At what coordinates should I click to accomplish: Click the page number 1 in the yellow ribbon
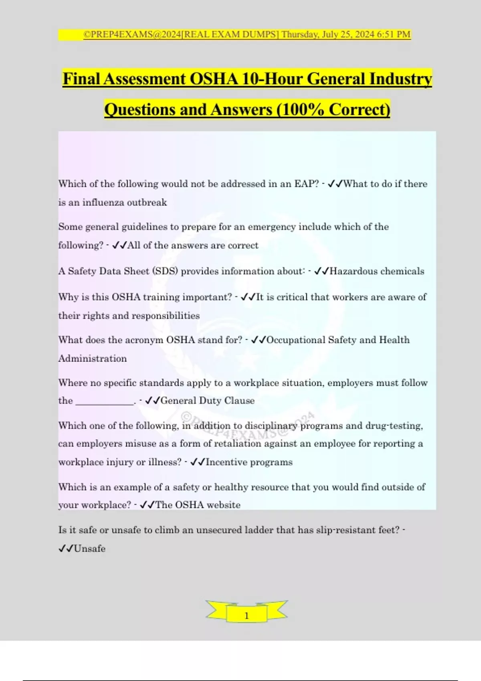(x=247, y=616)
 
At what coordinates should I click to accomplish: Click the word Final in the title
(x=81, y=79)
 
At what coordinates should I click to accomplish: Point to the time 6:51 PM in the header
(x=394, y=34)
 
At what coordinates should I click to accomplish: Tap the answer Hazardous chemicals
(x=377, y=271)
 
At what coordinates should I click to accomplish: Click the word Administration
(x=93, y=359)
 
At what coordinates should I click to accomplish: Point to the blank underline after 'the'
(x=105, y=402)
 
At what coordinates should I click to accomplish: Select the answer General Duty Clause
(x=208, y=401)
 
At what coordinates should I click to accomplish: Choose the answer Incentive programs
(x=249, y=462)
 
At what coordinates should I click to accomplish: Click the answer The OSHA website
(x=198, y=505)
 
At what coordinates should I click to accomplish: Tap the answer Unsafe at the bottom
(x=90, y=549)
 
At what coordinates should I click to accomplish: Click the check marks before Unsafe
(x=66, y=549)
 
